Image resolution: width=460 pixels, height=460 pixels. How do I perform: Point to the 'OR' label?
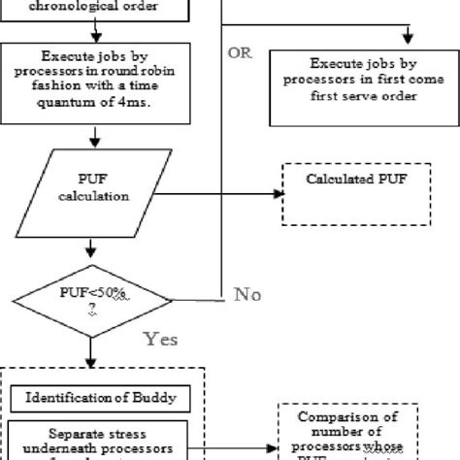tap(239, 52)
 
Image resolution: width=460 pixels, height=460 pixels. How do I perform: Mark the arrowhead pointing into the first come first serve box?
tap(408, 39)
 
